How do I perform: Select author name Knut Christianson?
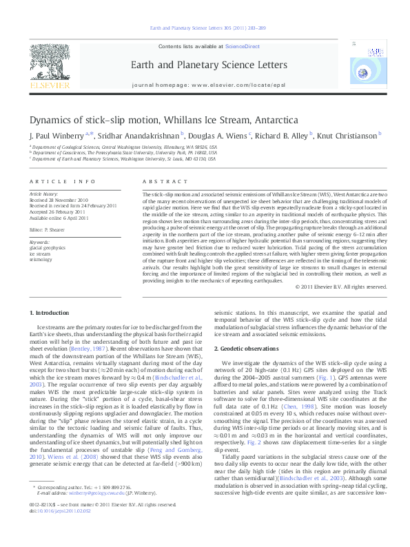(x=349, y=135)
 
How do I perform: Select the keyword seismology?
(x=41, y=260)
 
